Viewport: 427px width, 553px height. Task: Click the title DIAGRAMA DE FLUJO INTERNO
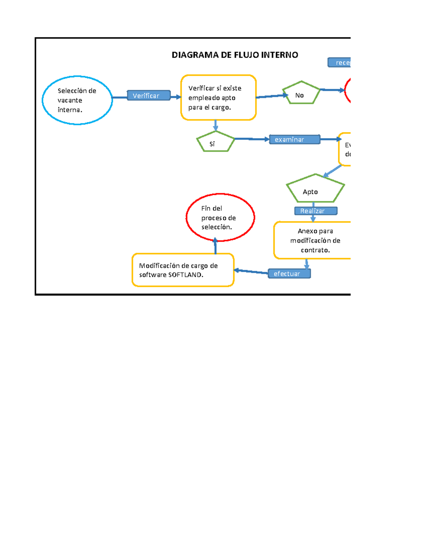point(235,55)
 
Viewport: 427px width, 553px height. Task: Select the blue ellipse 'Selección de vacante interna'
point(77,100)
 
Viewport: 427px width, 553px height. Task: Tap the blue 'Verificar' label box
point(149,95)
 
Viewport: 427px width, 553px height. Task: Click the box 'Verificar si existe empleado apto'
point(218,98)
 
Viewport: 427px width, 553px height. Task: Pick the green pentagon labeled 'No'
point(301,93)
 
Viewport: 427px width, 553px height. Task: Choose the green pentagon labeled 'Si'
point(215,142)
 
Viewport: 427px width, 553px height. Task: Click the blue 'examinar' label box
point(295,140)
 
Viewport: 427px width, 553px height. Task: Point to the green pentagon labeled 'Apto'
point(315,189)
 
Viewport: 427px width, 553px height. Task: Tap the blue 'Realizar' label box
point(316,211)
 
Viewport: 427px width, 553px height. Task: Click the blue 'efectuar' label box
point(289,273)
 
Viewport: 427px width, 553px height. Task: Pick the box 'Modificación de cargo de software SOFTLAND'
point(183,270)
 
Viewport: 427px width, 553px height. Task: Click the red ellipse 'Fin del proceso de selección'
point(220,217)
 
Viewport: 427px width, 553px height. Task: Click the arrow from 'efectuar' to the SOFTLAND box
point(251,272)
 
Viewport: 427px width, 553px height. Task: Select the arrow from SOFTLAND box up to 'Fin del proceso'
point(215,246)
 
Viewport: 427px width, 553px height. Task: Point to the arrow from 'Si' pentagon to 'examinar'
point(252,139)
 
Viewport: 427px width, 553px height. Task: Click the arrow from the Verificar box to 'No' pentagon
point(271,96)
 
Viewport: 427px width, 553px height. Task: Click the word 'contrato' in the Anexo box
point(315,250)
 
